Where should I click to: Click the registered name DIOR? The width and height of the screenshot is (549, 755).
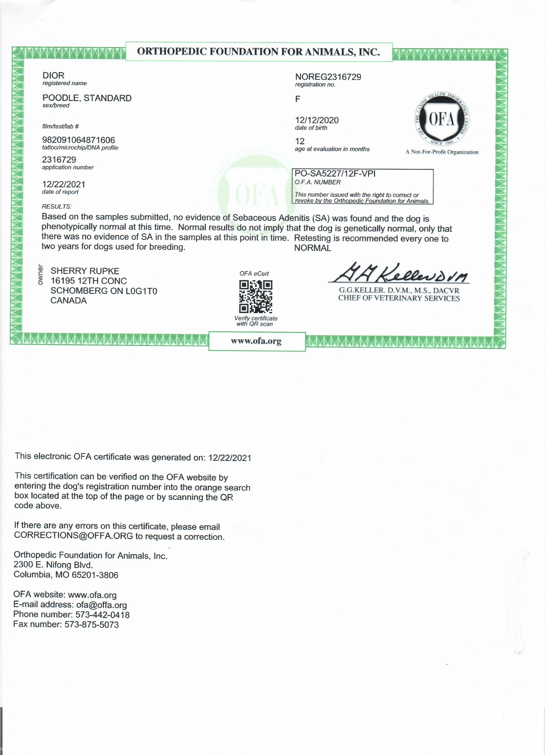pos(53,76)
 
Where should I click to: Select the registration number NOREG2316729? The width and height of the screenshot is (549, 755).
pos(328,77)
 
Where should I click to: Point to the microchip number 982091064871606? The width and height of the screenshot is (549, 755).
pos(78,140)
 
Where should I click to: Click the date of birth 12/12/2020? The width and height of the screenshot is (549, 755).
pos(316,120)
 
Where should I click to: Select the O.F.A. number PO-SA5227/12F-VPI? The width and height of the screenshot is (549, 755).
pos(335,174)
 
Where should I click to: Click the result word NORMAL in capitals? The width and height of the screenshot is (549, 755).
pos(313,248)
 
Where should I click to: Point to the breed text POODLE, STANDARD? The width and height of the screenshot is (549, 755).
pos(87,98)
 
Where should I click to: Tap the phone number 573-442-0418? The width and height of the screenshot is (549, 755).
pos(102,615)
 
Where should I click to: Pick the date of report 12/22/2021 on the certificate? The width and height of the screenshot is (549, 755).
pos(64,184)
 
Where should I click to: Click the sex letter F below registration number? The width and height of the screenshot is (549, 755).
pos(298,99)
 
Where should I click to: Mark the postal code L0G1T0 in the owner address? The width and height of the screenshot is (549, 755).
pos(141,291)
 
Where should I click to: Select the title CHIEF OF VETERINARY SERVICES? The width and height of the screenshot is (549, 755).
pos(399,298)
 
